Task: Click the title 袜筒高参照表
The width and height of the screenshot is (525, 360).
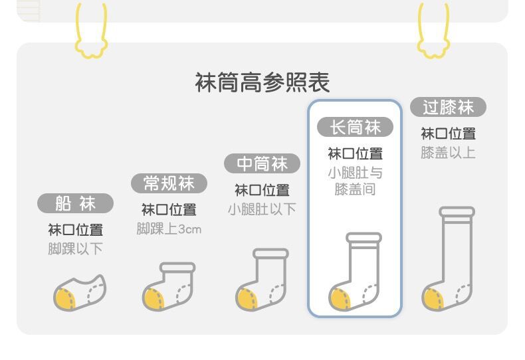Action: click(x=262, y=83)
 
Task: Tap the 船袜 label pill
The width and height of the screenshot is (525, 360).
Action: click(x=75, y=203)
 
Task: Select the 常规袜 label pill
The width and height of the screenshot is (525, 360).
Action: click(x=169, y=183)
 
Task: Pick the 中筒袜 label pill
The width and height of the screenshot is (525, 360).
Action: click(x=262, y=163)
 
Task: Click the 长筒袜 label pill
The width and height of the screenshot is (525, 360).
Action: click(x=355, y=127)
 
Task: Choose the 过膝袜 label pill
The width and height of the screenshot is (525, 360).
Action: click(x=448, y=107)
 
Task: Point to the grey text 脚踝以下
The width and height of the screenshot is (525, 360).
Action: click(x=75, y=249)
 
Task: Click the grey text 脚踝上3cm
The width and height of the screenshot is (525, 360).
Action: click(x=169, y=229)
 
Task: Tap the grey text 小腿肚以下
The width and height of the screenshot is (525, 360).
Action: click(x=262, y=209)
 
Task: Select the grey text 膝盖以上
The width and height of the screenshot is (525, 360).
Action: click(x=448, y=153)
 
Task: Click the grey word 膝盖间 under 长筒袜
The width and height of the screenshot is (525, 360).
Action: click(x=355, y=189)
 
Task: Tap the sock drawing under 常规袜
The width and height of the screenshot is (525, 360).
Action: click(x=169, y=286)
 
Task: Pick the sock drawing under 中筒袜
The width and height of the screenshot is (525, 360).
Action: click(x=262, y=280)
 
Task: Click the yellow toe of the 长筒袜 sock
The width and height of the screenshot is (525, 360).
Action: click(x=340, y=298)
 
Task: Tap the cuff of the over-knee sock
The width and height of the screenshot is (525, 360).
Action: click(x=457, y=213)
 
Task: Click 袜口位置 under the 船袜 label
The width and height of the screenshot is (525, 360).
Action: click(x=75, y=230)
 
